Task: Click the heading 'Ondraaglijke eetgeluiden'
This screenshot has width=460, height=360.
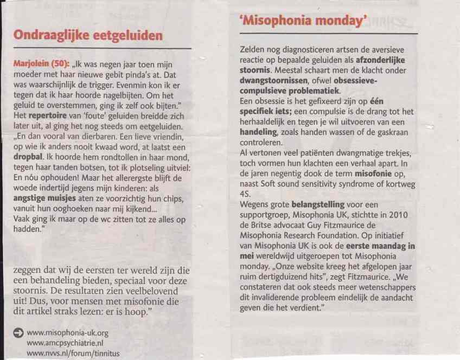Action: click(87, 36)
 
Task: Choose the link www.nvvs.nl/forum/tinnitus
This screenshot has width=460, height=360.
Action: click(72, 353)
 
